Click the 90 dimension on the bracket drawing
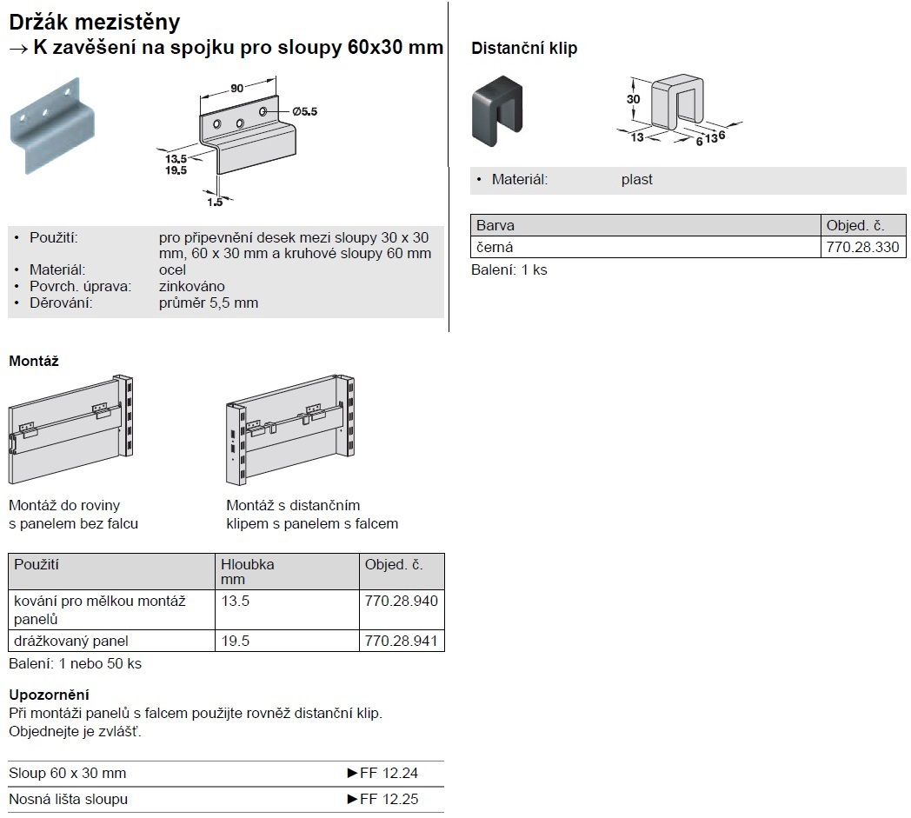pos(236,87)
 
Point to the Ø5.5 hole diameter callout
pos(305,111)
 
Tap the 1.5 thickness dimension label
pos(215,202)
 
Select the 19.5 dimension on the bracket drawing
pos(176,170)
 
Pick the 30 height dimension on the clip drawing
pos(634,99)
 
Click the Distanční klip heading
pos(524,49)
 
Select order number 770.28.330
pos(862,248)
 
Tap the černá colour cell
pos(495,248)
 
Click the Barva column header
pos(495,226)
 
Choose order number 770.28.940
pos(402,601)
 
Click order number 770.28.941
pos(402,642)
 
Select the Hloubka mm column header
pos(248,571)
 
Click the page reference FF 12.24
pos(389,773)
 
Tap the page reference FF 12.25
pos(389,799)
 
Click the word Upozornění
pos(50,695)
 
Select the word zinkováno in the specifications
pos(192,286)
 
